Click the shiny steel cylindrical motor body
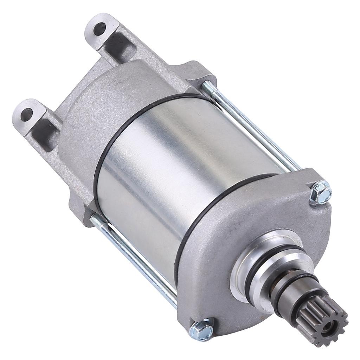point(169,169)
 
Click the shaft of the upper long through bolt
point(253,127)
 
